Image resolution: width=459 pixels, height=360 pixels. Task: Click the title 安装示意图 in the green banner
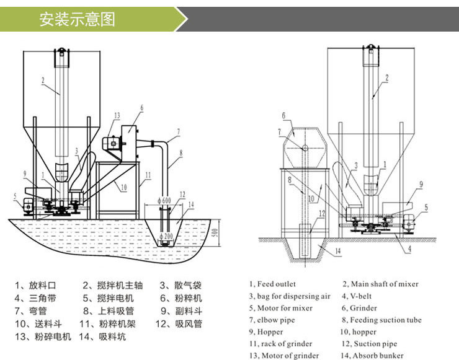[x=77, y=19]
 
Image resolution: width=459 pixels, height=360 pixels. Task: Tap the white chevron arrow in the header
[x=181, y=19]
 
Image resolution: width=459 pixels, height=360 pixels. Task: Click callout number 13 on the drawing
[x=116, y=115]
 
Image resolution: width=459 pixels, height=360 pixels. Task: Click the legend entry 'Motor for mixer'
[x=279, y=308]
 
